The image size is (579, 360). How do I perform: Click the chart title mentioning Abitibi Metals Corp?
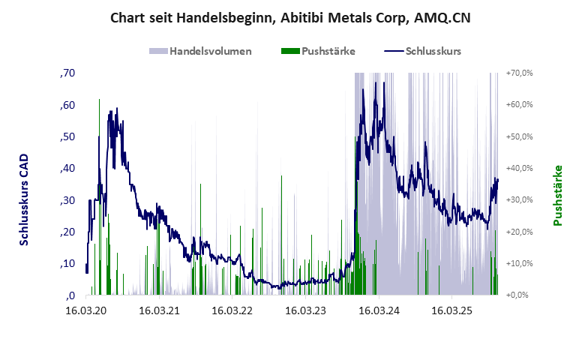click(290, 17)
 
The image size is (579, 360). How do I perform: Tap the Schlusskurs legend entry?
click(423, 51)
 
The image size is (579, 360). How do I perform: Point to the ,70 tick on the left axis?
click(67, 73)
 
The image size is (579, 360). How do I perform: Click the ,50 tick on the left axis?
click(67, 136)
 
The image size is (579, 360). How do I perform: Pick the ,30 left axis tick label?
click(67, 200)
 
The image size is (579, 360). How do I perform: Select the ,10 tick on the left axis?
click(67, 263)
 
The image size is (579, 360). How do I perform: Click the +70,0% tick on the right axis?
click(519, 73)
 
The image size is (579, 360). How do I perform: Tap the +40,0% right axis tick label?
click(519, 168)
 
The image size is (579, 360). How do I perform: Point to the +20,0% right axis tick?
click(519, 232)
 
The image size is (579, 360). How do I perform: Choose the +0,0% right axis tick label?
click(519, 295)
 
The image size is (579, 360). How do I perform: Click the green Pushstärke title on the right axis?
click(557, 195)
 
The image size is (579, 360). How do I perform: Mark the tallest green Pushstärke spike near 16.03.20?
click(100, 100)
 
